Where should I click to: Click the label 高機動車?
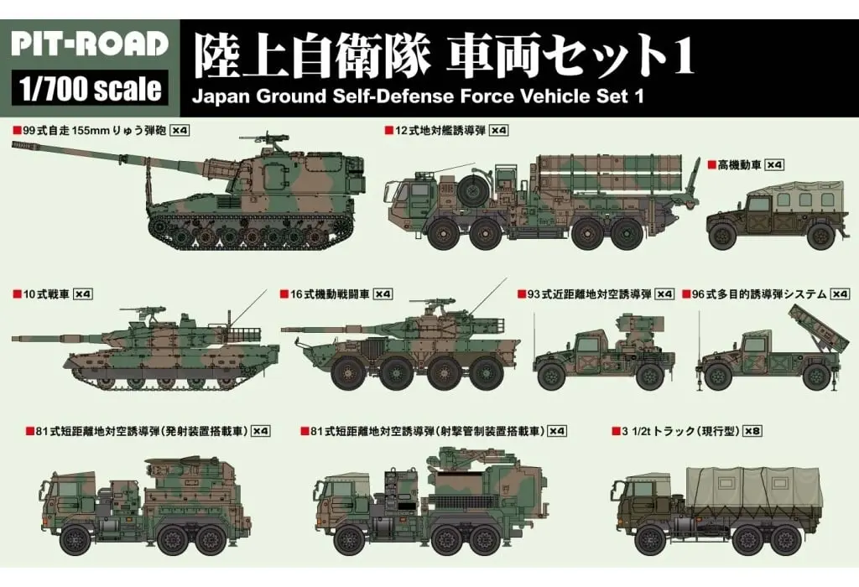coord(738,164)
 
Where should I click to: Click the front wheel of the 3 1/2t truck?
coord(647,539)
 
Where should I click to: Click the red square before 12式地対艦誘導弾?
coord(388,131)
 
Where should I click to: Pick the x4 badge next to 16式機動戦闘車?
coord(383,294)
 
